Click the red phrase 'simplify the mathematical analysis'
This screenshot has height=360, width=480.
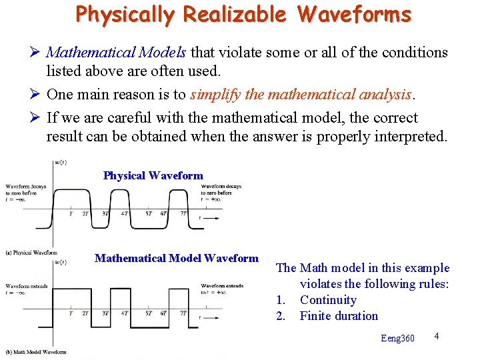(300, 95)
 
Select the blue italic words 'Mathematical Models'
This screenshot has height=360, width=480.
(118, 52)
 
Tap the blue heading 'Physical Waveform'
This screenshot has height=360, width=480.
(153, 176)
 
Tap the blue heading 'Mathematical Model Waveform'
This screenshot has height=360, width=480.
(176, 259)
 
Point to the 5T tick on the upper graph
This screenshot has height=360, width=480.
(148, 214)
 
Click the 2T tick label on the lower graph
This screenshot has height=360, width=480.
(85, 313)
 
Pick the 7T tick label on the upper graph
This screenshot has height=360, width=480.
(183, 214)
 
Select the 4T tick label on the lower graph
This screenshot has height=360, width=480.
(125, 313)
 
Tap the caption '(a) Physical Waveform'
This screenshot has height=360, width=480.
(31, 253)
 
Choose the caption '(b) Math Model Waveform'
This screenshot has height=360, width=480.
(35, 351)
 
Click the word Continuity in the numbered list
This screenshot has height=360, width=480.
(328, 300)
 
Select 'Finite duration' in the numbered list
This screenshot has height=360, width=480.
(339, 316)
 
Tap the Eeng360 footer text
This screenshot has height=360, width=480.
(397, 338)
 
